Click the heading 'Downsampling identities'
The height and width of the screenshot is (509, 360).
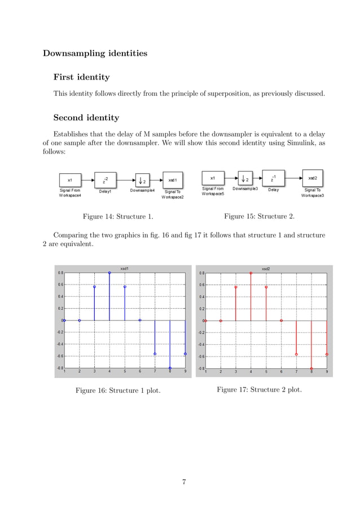tap(95, 54)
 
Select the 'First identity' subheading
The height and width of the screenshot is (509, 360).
tap(81, 77)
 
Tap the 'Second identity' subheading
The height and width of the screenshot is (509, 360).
tap(86, 118)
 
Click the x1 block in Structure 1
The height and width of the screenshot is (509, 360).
tap(69, 180)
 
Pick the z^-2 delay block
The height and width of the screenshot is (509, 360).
tap(105, 180)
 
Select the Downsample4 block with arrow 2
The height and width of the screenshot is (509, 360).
tap(142, 180)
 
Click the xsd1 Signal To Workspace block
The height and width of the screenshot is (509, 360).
tap(172, 180)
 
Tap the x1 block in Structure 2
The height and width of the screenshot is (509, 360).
tap(212, 178)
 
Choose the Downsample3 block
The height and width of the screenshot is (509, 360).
tap(245, 178)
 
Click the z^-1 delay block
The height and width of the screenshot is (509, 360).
tap(273, 178)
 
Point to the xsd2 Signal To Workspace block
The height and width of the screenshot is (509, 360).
tap(312, 178)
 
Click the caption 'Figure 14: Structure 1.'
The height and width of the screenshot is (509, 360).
tap(118, 216)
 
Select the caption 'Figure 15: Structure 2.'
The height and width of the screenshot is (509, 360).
tap(259, 216)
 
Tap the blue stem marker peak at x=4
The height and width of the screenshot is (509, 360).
tap(109, 273)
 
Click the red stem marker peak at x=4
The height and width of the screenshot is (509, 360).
tap(251, 273)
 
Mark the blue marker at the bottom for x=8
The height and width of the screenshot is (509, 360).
tap(170, 368)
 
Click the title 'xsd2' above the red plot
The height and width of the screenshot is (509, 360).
tap(266, 269)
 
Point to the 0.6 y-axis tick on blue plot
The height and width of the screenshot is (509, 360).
tap(60, 284)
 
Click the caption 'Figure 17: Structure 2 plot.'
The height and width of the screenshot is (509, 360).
tap(259, 389)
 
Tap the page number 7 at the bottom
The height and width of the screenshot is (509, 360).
tap(184, 482)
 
